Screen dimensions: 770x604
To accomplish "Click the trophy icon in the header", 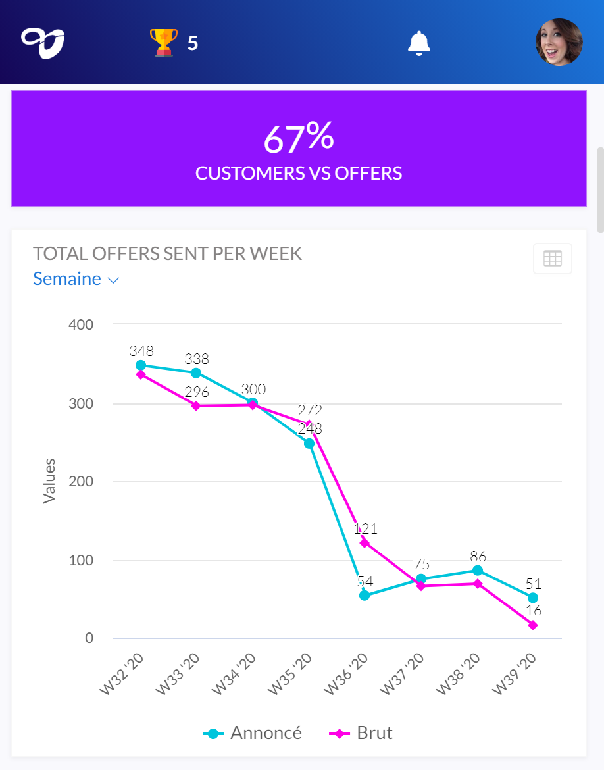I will click(164, 42).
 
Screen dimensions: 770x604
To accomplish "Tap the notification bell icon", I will click(419, 43).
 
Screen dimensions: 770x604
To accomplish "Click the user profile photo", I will click(559, 42).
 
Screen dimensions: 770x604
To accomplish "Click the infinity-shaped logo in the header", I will click(43, 43).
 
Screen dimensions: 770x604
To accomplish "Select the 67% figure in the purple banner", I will click(299, 138).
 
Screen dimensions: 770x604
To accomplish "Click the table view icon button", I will click(553, 259).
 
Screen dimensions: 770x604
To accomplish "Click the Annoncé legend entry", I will click(253, 733).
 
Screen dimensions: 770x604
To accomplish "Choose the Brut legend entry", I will click(361, 733).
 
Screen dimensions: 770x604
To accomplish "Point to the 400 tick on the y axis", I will click(81, 324).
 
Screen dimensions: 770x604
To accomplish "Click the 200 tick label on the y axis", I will click(81, 482).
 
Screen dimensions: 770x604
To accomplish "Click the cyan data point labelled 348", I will click(141, 365).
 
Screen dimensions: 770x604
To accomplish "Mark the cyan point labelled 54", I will click(365, 596).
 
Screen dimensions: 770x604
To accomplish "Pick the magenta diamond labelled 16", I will click(533, 625).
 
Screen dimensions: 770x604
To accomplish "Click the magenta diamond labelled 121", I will click(365, 543).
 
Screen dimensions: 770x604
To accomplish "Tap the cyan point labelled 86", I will click(477, 571).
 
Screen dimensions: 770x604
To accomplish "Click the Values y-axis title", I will click(49, 481).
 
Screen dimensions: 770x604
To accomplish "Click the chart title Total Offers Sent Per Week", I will click(168, 254).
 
